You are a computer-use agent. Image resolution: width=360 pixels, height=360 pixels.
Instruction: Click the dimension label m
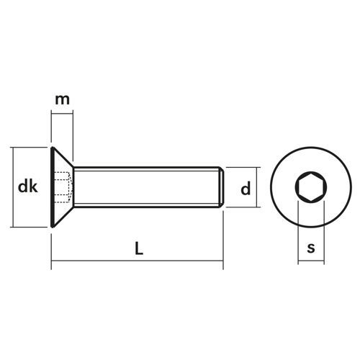62,100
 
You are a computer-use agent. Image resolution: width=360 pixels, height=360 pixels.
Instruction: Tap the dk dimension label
28,186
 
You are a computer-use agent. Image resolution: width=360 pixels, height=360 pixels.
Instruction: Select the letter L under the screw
139,248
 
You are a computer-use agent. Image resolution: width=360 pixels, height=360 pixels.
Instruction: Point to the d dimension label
246,189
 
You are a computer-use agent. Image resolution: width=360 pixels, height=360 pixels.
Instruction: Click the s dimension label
311,248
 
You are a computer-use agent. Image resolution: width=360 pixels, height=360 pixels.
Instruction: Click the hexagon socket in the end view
311,186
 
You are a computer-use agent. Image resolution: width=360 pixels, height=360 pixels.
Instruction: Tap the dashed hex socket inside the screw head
63,187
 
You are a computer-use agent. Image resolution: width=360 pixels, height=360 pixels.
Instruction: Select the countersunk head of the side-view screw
62,187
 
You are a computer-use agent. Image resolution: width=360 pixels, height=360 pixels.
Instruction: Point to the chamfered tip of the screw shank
222,187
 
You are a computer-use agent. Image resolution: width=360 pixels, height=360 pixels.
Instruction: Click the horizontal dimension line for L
138,261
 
